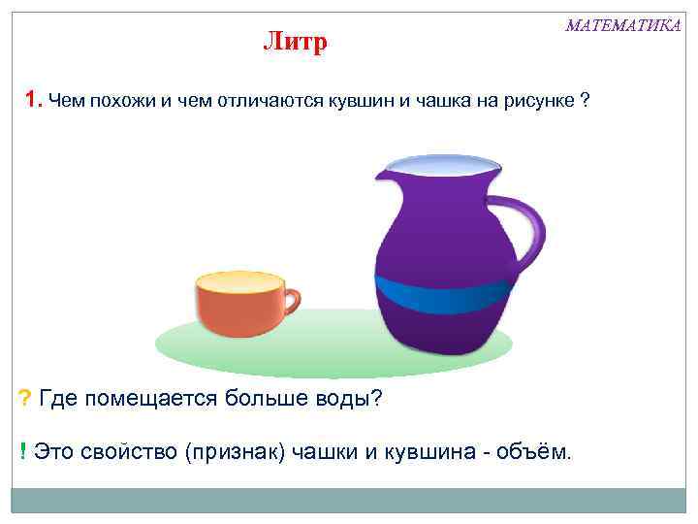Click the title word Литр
[x=296, y=43]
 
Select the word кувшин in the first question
[x=364, y=101]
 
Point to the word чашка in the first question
[x=455, y=101]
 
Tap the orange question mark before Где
[x=24, y=398]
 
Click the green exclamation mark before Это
[x=22, y=450]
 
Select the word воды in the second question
[x=350, y=398]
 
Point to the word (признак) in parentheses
[x=235, y=450]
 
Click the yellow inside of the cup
[x=238, y=282]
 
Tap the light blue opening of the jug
[x=442, y=166]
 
